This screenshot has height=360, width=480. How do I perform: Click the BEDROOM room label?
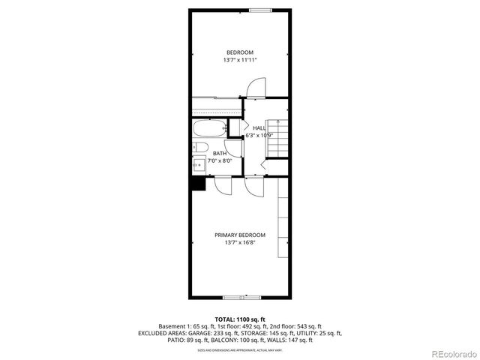click(x=239, y=52)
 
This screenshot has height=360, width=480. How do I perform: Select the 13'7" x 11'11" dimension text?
click(x=239, y=60)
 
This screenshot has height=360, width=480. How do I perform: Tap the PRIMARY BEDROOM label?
click(x=239, y=235)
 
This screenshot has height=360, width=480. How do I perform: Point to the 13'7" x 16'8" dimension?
click(x=239, y=243)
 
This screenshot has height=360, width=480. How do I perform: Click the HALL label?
click(x=259, y=128)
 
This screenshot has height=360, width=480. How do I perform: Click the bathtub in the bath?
click(x=208, y=127)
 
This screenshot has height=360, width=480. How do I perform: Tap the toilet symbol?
click(x=200, y=147)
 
